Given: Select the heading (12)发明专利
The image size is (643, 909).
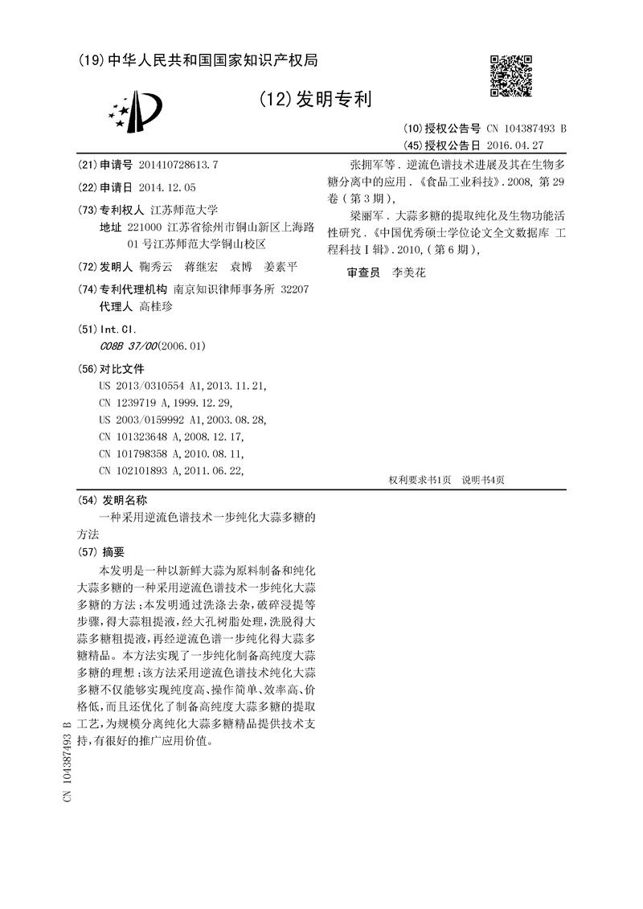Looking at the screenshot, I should pos(315,100).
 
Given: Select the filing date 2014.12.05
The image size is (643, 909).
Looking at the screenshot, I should pos(166,186).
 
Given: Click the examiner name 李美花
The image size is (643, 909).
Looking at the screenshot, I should pos(408,272).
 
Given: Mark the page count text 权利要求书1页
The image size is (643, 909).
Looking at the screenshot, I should pos(420,480).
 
